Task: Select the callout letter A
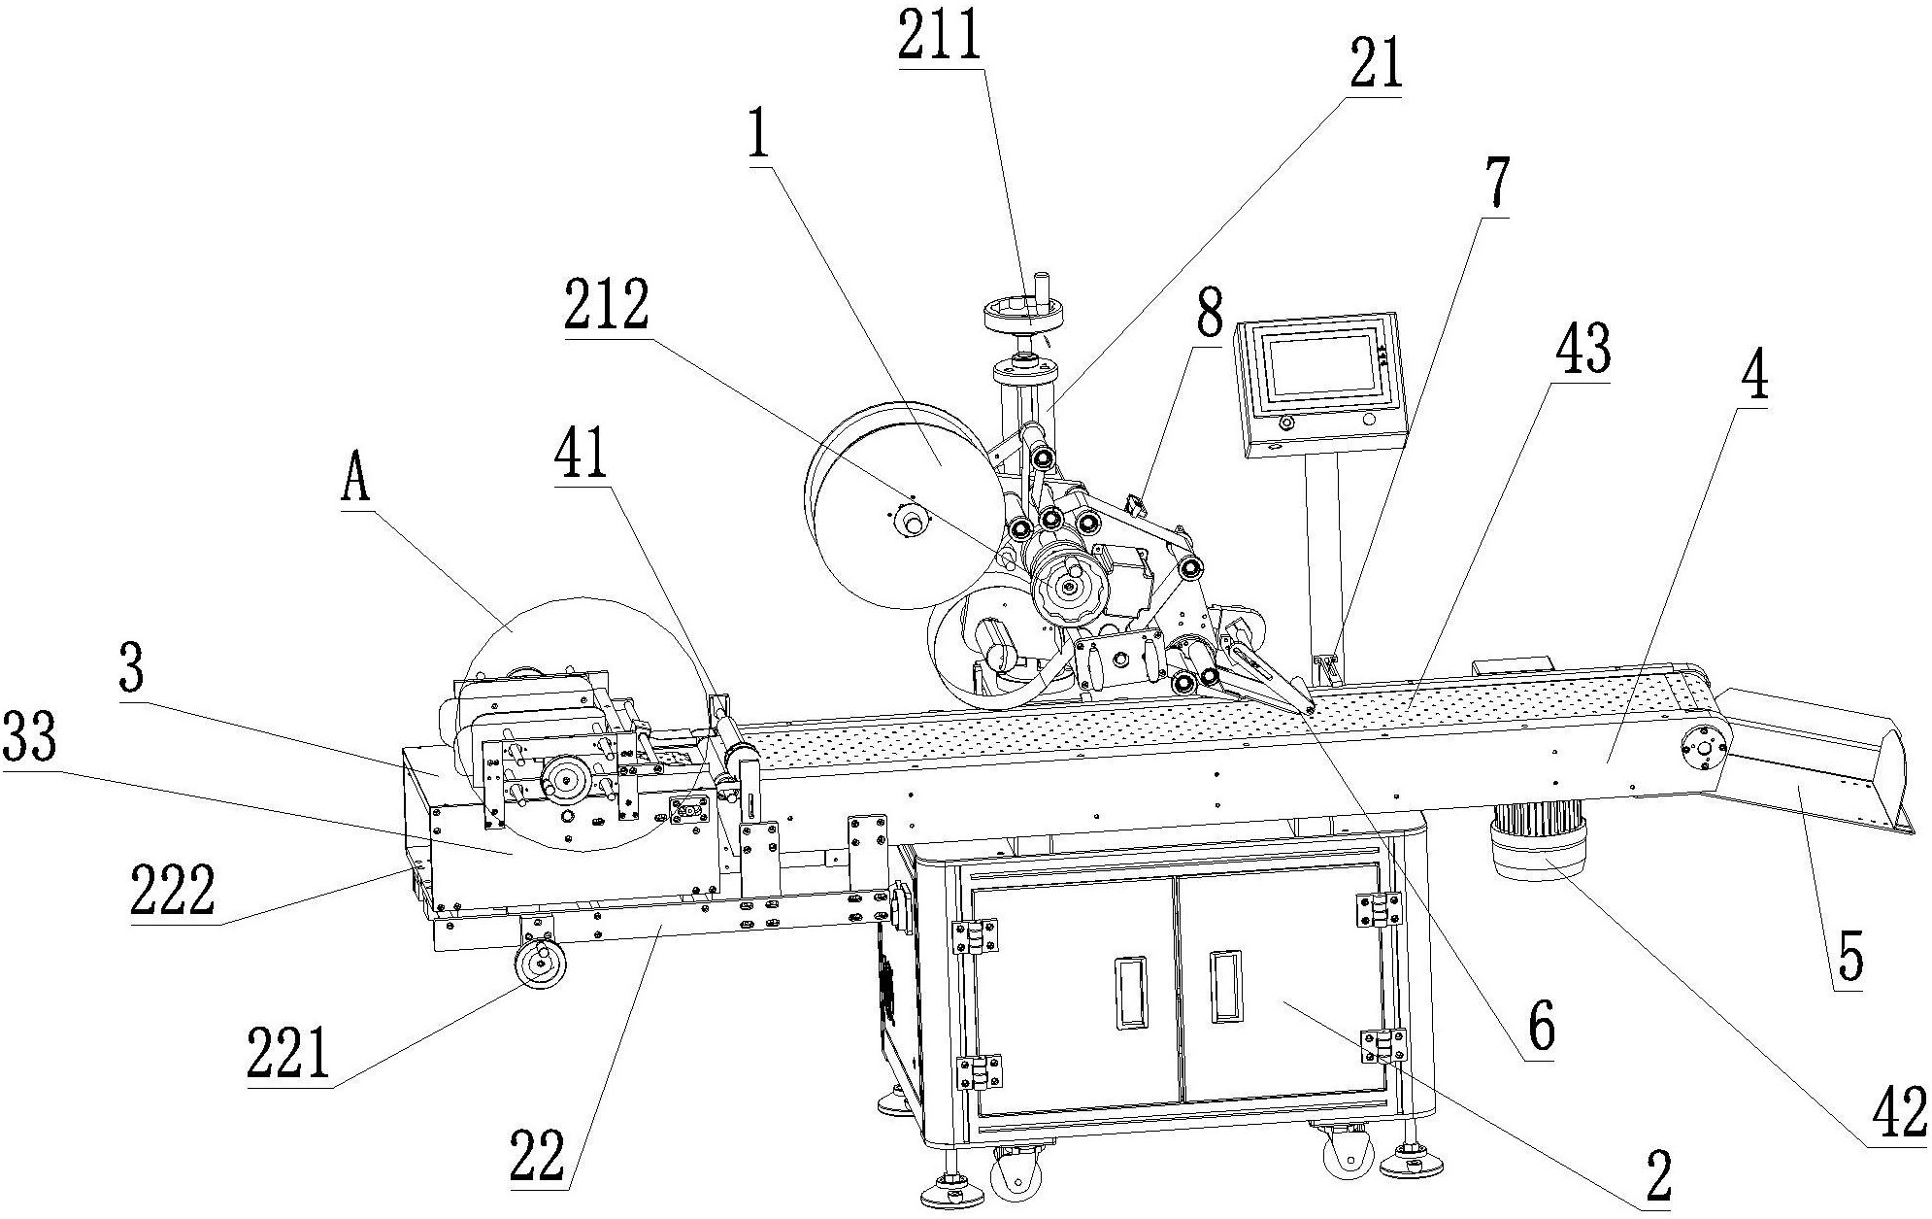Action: [355, 480]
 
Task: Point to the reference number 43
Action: [1582, 352]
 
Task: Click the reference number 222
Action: [173, 891]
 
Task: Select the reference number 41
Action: [580, 454]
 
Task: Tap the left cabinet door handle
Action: [1130, 992]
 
